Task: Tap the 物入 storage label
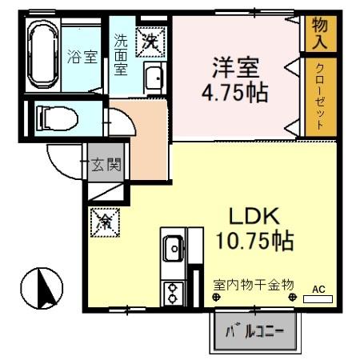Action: click(319, 31)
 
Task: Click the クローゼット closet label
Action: click(319, 95)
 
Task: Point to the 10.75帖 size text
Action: click(254, 240)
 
